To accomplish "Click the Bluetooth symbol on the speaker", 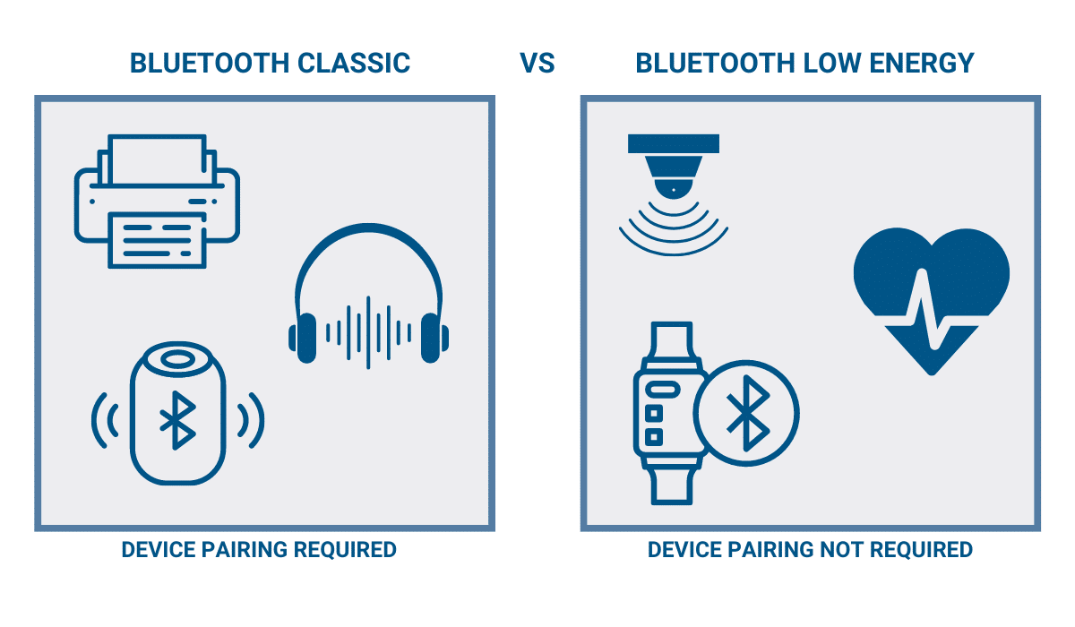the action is tap(177, 420).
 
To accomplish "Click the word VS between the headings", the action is tap(537, 64).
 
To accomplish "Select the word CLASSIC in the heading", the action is tap(354, 64).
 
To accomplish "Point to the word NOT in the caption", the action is tap(842, 550).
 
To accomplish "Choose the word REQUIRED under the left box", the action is tap(345, 550).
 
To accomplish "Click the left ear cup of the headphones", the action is tap(303, 338).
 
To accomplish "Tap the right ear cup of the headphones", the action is tap(434, 338).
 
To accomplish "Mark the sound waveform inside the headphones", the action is tap(368, 333).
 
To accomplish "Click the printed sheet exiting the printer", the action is tap(157, 240).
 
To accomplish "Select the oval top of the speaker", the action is tap(177, 360).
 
